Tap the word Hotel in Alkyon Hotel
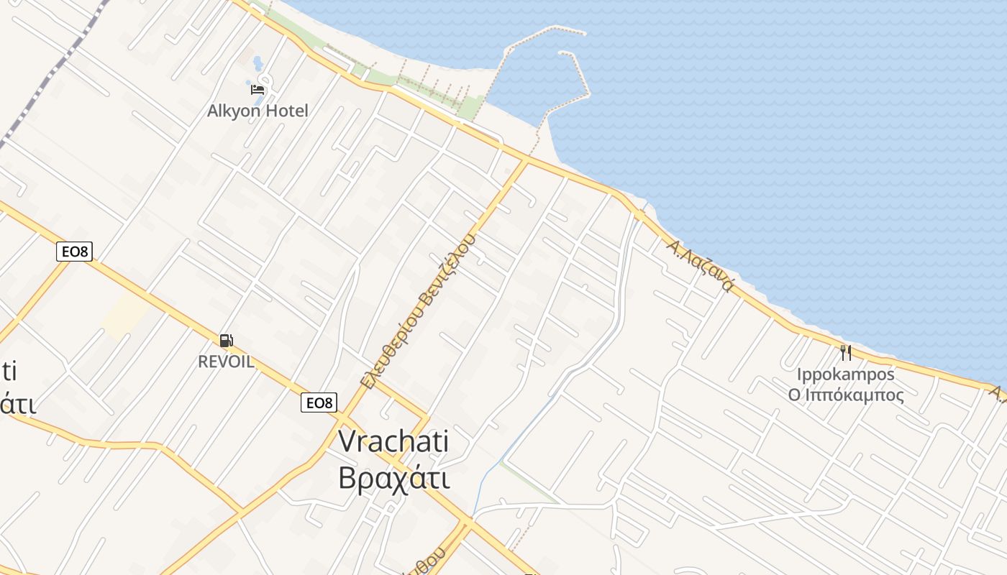click(286, 111)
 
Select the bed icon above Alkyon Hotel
click(258, 90)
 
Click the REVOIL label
click(226, 362)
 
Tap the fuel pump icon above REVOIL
click(226, 340)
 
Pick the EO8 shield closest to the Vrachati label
click(319, 402)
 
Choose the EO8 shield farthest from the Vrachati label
click(74, 252)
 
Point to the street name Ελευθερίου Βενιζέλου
click(418, 310)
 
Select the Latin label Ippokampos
click(845, 374)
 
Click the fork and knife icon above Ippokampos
click(845, 353)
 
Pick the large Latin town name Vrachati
click(393, 441)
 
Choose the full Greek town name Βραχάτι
click(394, 478)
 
